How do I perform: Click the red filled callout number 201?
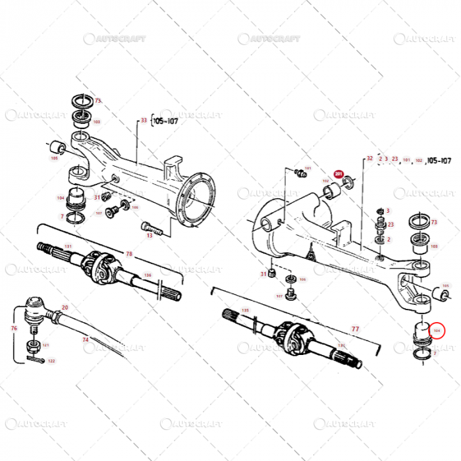pyautogui.click(x=339, y=175)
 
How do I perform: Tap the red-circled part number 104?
pyautogui.click(x=437, y=329)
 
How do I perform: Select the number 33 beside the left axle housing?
pyautogui.click(x=144, y=121)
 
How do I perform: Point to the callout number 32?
pyautogui.click(x=369, y=159)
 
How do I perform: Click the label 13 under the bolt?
pyautogui.click(x=149, y=235)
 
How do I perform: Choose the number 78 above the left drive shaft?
pyautogui.click(x=129, y=254)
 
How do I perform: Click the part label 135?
pyautogui.click(x=245, y=310)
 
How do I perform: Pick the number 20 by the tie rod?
pyautogui.click(x=65, y=307)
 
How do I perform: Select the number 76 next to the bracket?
pyautogui.click(x=13, y=327)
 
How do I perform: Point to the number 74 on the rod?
pyautogui.click(x=85, y=339)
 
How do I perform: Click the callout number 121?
pyautogui.click(x=45, y=345)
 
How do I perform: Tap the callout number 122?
pyautogui.click(x=51, y=361)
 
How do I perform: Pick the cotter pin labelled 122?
pyautogui.click(x=35, y=359)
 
